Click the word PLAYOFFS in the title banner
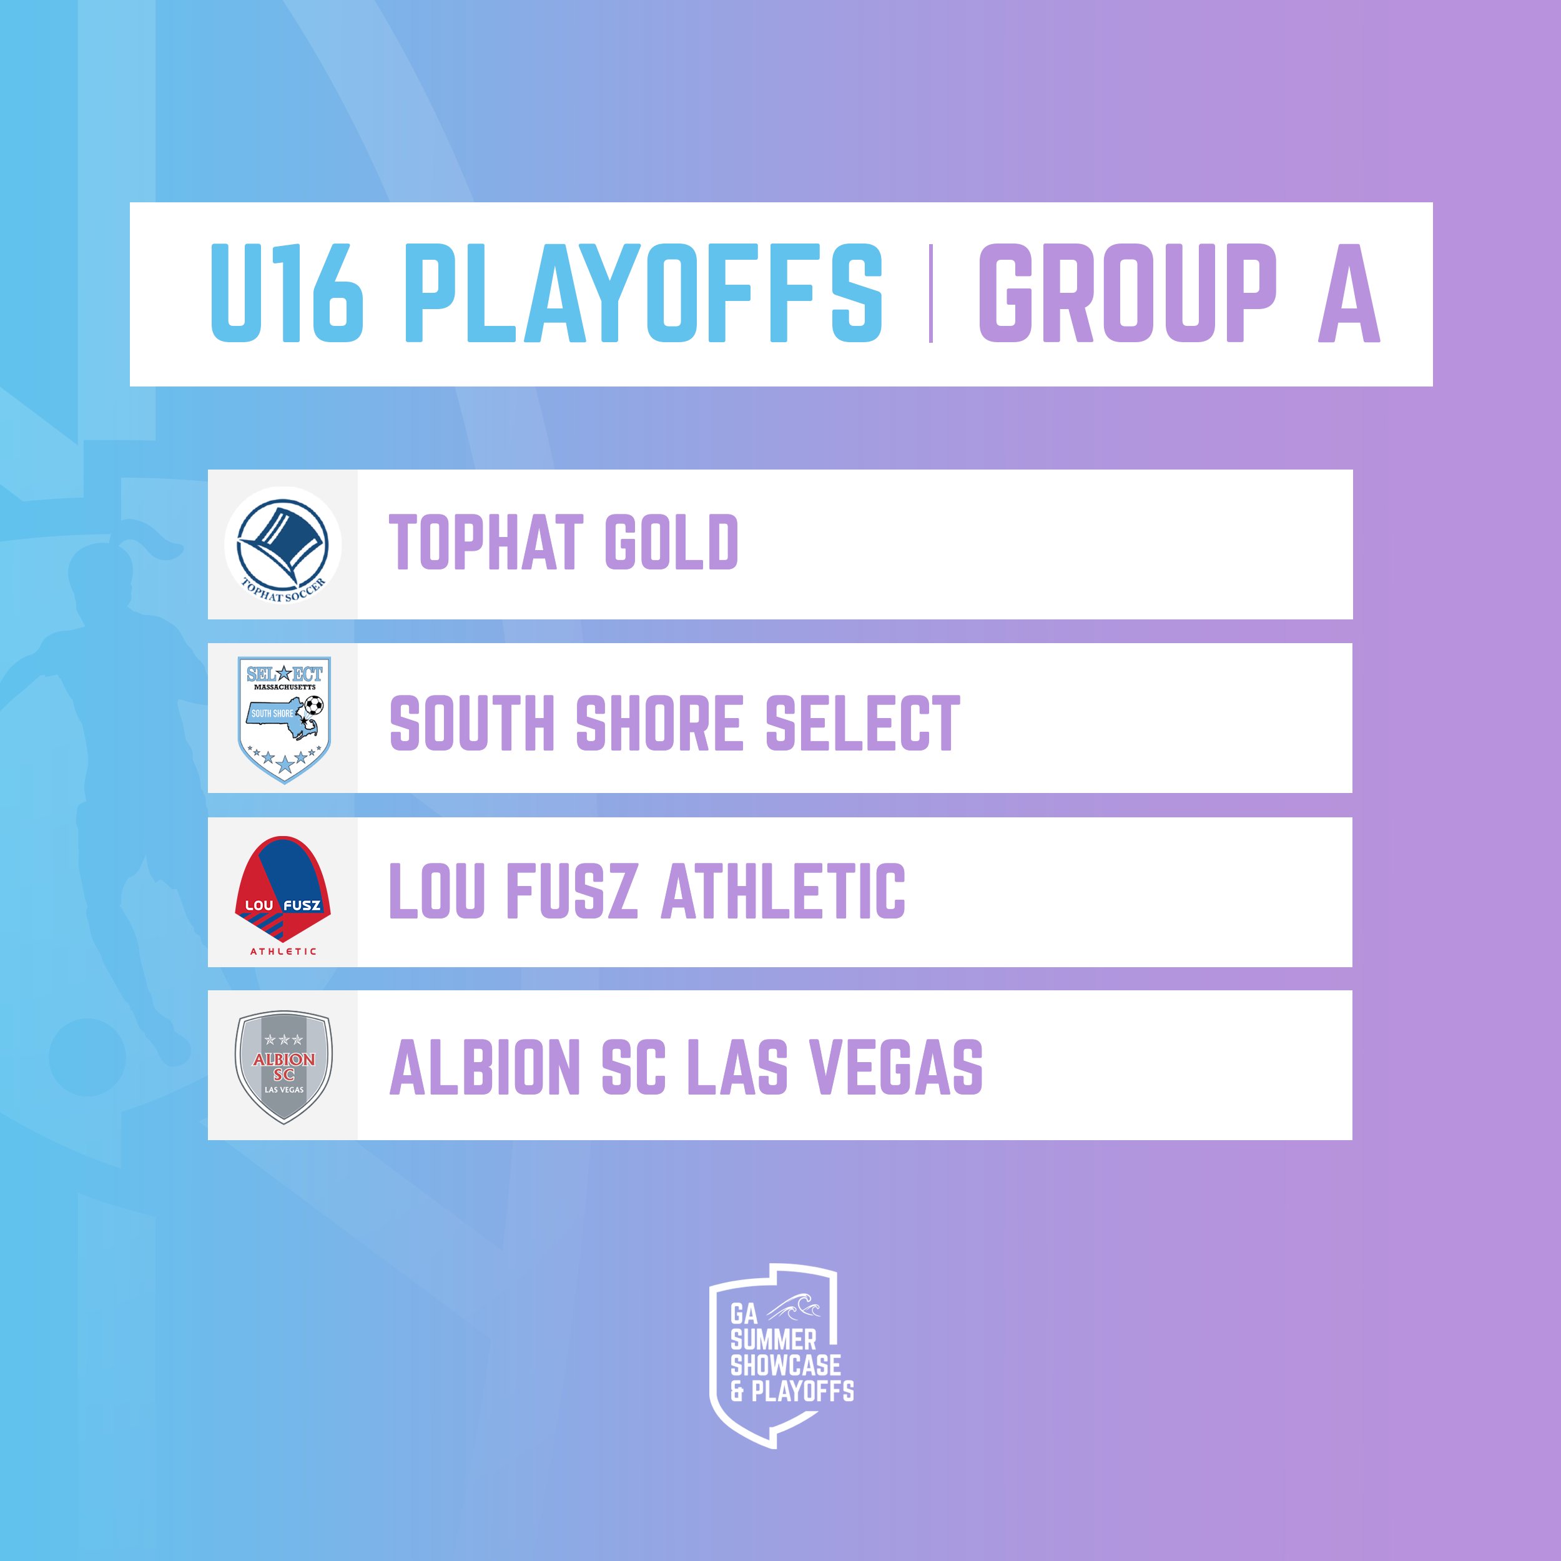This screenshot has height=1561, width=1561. click(644, 293)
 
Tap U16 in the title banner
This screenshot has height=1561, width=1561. click(287, 293)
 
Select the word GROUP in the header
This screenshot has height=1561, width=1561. click(1127, 293)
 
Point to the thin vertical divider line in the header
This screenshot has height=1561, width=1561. click(931, 293)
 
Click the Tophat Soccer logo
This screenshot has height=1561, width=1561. click(283, 545)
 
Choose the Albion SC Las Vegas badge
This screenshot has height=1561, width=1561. click(283, 1066)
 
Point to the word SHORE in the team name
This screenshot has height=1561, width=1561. click(659, 722)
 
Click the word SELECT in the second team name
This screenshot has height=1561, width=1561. click(863, 722)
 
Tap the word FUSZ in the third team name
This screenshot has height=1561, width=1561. click(571, 890)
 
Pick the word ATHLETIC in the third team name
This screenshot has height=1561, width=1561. click(783, 890)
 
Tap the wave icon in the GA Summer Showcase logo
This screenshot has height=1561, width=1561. click(795, 1306)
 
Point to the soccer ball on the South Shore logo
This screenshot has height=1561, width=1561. click(313, 706)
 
